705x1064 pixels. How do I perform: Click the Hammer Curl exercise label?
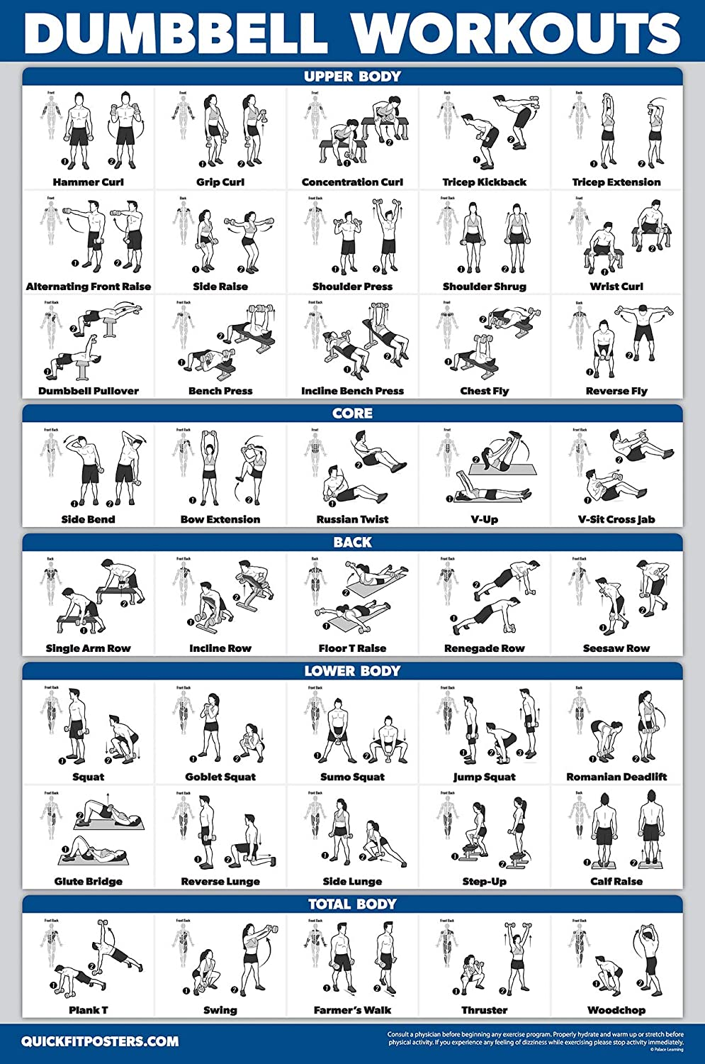pos(88,182)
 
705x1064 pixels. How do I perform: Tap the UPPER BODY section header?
pos(352,77)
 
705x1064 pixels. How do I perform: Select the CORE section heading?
pos(352,413)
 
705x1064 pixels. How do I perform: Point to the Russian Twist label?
pos(352,519)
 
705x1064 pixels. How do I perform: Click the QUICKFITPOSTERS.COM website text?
pos(100,1041)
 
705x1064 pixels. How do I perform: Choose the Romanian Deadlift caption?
pos(616,777)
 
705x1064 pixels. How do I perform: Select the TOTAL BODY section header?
pos(352,904)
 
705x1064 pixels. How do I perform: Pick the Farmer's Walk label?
pos(352,1010)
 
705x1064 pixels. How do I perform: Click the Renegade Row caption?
pos(485,648)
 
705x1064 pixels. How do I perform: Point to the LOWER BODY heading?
pos(352,670)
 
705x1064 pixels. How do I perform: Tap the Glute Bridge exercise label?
pos(88,882)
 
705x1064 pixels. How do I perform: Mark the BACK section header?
pos(352,542)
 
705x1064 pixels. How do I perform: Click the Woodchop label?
pos(616,1010)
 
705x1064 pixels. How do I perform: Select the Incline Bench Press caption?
pos(352,391)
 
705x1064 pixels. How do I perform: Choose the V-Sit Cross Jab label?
pos(616,519)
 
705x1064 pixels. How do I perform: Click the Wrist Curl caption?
pos(616,287)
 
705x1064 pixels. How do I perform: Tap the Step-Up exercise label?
pos(485,882)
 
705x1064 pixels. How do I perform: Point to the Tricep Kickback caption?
pos(485,182)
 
